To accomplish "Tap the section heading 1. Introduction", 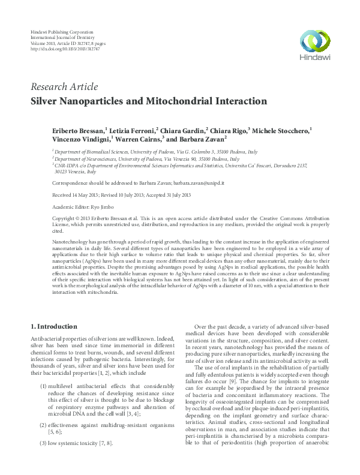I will coord(53,326).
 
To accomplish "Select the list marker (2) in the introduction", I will coord(44,425).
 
